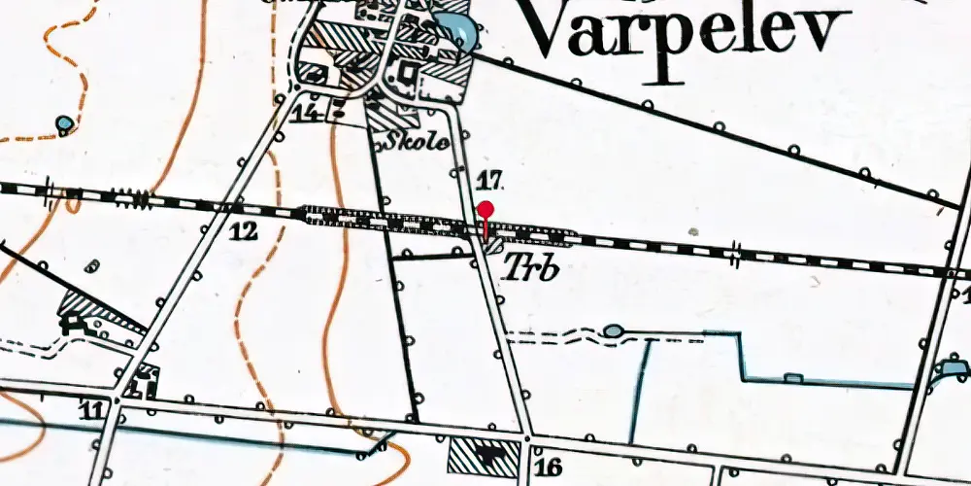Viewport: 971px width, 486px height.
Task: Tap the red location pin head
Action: (x=485, y=209)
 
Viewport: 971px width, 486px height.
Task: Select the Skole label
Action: (x=419, y=142)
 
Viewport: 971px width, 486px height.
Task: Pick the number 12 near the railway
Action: (x=244, y=231)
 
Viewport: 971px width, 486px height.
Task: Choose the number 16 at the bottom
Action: (x=549, y=468)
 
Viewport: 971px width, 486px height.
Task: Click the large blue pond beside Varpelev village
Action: (x=457, y=33)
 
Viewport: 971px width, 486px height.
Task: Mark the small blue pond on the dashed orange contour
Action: (x=64, y=123)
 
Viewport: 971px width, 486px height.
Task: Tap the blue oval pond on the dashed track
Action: (x=613, y=331)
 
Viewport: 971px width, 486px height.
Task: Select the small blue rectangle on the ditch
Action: (x=793, y=377)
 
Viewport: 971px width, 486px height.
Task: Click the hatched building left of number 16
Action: (x=483, y=453)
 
